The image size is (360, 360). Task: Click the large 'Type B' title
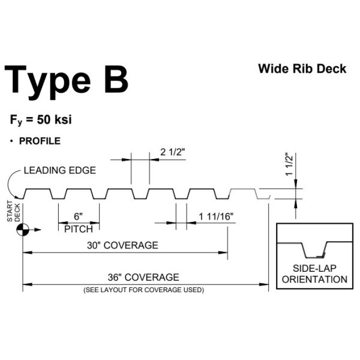click(x=66, y=82)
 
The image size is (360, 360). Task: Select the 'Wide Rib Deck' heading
click(x=302, y=68)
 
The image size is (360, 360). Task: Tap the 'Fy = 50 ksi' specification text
click(x=41, y=120)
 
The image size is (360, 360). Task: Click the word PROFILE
click(x=40, y=141)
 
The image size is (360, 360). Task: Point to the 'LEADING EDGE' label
click(x=60, y=170)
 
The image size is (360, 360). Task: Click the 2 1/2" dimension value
click(x=172, y=152)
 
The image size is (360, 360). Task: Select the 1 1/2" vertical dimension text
click(x=289, y=164)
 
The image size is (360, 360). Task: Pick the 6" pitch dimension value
click(x=78, y=216)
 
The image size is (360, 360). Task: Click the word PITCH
click(x=79, y=229)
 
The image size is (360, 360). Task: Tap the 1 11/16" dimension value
click(x=216, y=217)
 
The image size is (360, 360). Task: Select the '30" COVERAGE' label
click(x=122, y=245)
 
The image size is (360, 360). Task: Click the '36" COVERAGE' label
click(x=143, y=277)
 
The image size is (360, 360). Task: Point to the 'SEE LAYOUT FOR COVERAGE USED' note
click(x=144, y=290)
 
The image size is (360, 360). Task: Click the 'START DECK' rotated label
click(x=14, y=211)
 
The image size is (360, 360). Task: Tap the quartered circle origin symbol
click(x=23, y=229)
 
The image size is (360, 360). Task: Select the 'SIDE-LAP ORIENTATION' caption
click(x=314, y=274)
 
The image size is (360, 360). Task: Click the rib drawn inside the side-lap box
click(x=314, y=250)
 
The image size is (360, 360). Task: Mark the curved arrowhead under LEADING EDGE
click(x=17, y=197)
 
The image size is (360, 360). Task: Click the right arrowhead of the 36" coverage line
click(x=264, y=284)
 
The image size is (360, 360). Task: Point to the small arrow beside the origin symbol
click(x=35, y=229)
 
